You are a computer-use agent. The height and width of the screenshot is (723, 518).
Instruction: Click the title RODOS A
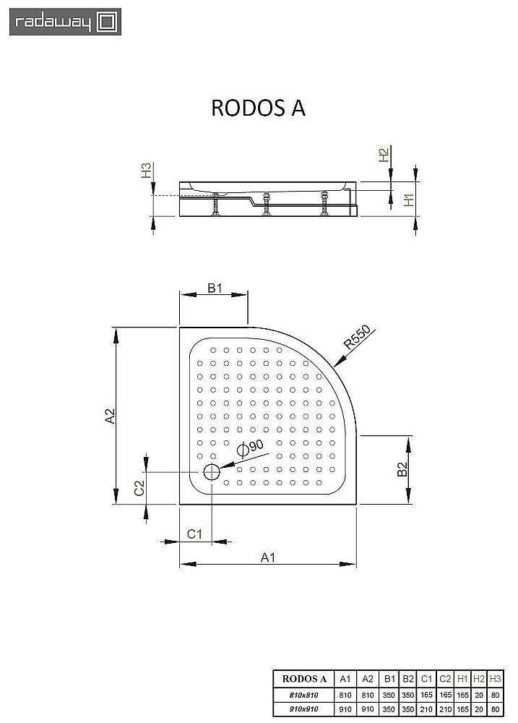pos(258,108)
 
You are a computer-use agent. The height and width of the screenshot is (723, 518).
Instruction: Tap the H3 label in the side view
pos(146,171)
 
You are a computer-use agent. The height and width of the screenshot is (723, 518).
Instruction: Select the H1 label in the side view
pos(409,200)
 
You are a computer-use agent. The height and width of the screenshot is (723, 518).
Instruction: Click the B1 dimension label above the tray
pos(214,288)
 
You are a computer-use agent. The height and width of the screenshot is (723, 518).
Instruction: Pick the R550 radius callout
pos(356,338)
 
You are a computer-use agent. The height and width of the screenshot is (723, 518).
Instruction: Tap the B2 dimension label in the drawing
pos(403,470)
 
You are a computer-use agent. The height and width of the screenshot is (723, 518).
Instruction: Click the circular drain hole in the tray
pos(212,473)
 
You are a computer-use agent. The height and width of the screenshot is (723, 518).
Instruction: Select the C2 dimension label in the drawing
pos(139,488)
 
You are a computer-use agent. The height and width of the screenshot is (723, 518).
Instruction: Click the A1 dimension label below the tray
pos(267,557)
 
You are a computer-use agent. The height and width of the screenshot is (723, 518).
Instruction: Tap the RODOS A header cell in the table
pos(304,678)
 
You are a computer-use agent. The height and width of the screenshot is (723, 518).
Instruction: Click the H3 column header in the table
pos(495,678)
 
